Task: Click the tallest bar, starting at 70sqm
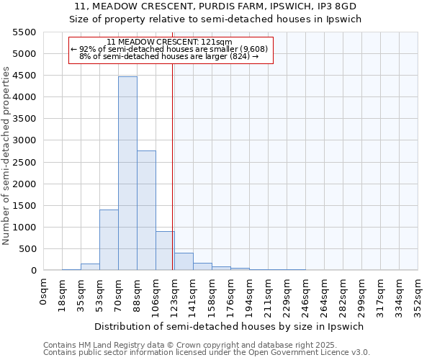127,173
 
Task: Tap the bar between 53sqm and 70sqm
109,240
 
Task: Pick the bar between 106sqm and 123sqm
165,251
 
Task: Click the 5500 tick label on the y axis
24,32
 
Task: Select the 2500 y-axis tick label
24,162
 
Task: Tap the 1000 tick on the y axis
24,227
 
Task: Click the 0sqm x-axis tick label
44,292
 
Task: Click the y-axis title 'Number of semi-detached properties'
7,156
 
